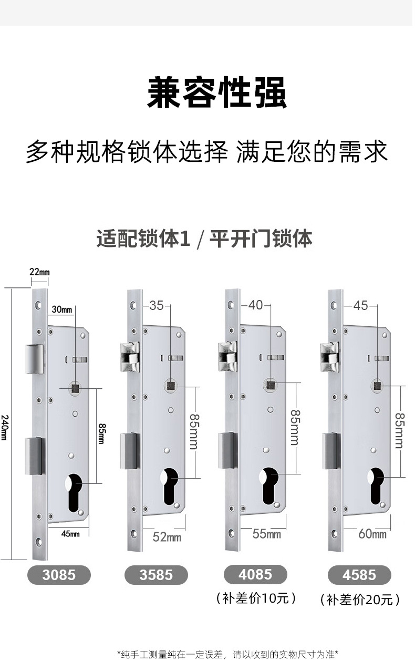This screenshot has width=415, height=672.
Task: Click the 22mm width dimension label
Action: pos(39,272)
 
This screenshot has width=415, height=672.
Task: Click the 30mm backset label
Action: pos(62,309)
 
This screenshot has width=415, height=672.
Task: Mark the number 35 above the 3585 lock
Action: pos(156,306)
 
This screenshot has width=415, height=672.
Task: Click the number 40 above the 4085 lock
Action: pos(255,305)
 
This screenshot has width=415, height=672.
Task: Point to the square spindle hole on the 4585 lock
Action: pos(377,386)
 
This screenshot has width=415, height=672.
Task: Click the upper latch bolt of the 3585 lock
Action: pos(130,357)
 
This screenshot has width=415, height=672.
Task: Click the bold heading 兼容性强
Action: pos(217,92)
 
